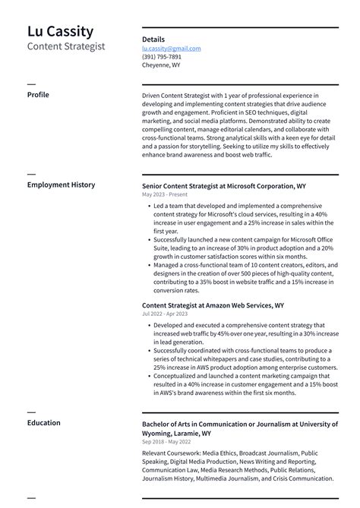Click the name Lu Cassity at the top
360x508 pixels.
coord(61,31)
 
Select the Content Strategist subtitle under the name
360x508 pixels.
coord(66,46)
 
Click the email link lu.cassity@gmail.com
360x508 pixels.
coord(171,48)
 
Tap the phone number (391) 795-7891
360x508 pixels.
coord(161,57)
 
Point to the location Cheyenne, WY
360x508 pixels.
coord(161,65)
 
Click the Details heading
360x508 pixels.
coord(153,39)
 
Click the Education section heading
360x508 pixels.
coord(44,423)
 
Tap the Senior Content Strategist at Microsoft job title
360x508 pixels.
coord(223,185)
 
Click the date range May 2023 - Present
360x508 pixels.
coord(164,194)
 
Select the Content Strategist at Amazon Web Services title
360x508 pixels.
coord(213,305)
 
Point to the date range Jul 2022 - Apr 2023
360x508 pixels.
coord(164,314)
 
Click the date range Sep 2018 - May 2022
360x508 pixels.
coord(166,441)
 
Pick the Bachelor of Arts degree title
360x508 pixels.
coord(240,428)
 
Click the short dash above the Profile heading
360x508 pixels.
coord(31,84)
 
